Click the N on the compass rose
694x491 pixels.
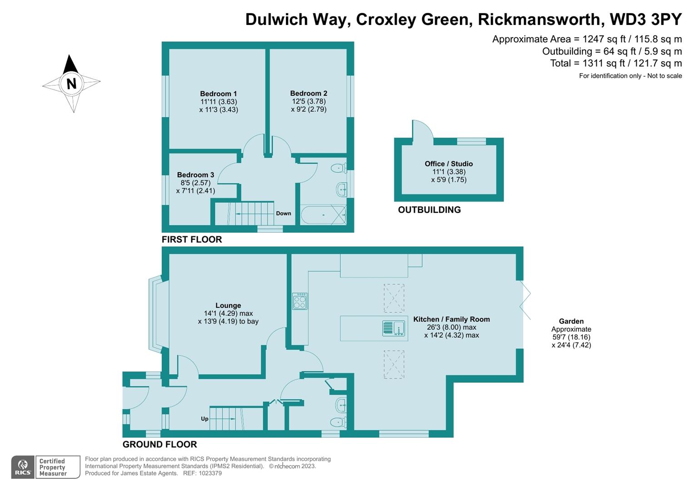tap(71, 84)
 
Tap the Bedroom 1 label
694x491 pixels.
tap(218, 94)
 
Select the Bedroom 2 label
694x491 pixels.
tap(309, 93)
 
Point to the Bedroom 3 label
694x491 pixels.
tap(195, 175)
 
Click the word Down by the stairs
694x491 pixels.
tap(283, 213)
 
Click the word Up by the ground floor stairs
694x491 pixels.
tap(205, 419)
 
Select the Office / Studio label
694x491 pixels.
tap(449, 164)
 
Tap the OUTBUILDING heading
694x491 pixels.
tap(429, 210)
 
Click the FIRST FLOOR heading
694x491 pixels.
tap(192, 239)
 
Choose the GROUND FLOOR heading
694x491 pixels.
tap(160, 444)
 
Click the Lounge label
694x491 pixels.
tap(228, 306)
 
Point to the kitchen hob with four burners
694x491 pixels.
tap(300, 301)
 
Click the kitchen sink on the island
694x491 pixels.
tap(394, 328)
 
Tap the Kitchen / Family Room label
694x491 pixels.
tap(451, 319)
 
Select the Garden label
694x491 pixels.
tap(571, 321)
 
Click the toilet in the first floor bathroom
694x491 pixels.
tap(339, 168)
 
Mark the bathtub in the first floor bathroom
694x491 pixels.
tap(323, 215)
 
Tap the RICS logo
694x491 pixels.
tap(22, 467)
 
